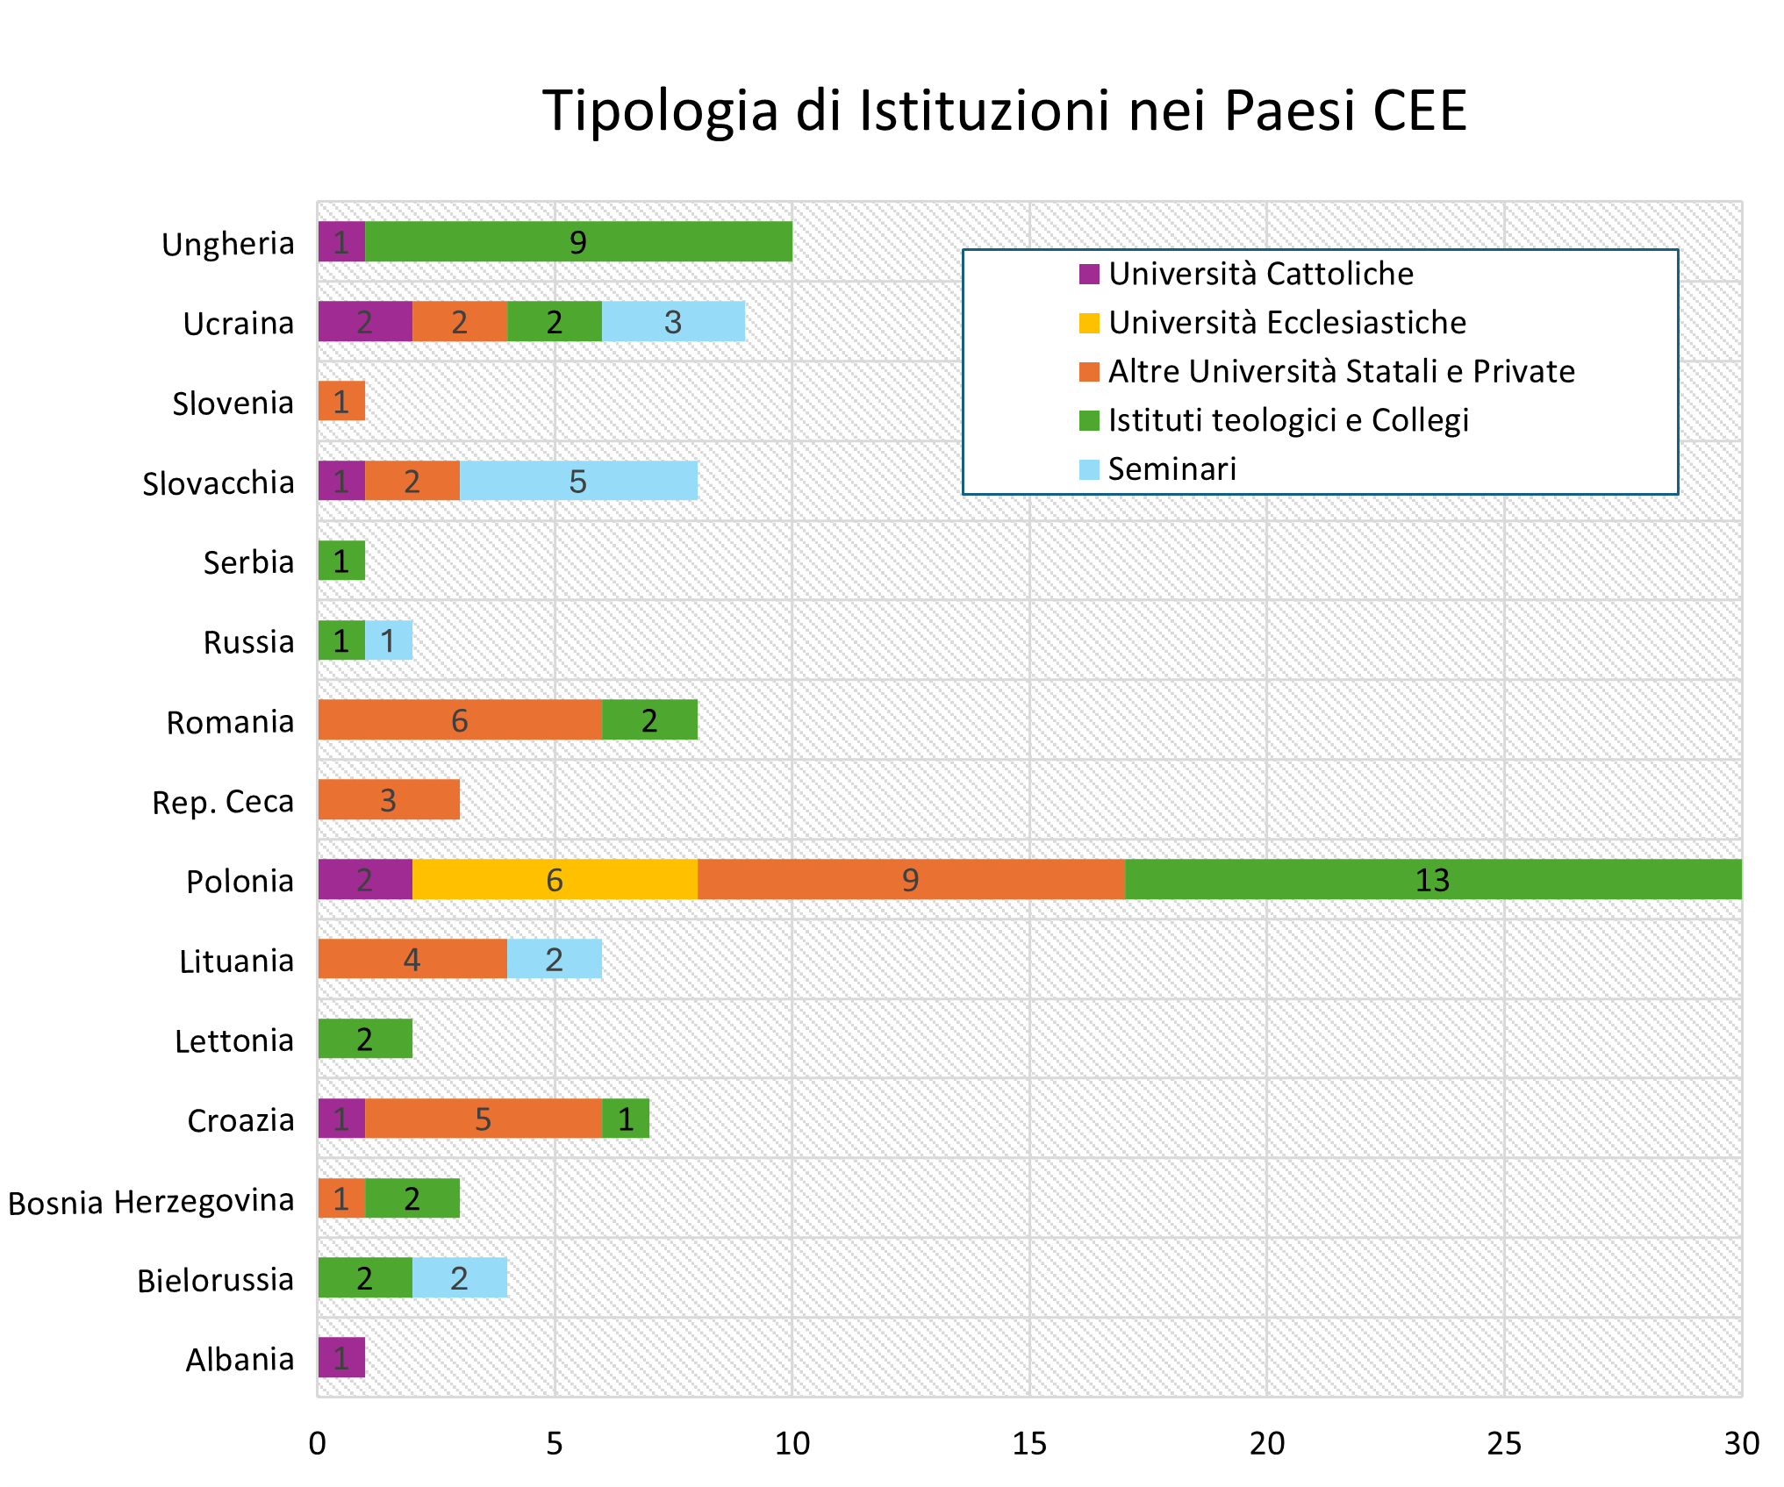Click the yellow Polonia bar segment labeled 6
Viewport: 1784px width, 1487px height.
coord(555,880)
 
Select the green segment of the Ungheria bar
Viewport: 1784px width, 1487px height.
coord(578,242)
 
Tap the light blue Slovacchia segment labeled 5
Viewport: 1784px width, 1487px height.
coord(578,481)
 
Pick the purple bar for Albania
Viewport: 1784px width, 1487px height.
coord(341,1358)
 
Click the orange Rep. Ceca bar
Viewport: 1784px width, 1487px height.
coord(389,800)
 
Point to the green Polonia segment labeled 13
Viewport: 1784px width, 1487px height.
coord(1432,880)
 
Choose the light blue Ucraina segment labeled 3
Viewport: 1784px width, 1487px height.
coord(673,322)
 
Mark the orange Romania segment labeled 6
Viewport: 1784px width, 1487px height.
coord(460,720)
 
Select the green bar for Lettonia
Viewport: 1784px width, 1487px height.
coord(365,1040)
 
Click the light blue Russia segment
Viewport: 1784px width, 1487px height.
coord(389,640)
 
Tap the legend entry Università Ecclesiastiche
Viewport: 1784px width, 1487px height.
coord(1286,323)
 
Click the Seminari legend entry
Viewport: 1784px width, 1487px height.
coord(1171,469)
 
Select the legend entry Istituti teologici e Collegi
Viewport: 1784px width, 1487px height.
coord(1287,420)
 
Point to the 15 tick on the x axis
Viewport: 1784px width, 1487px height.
coord(1029,1443)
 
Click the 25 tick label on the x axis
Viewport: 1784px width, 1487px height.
coord(1504,1443)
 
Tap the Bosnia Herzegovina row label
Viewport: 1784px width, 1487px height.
coord(151,1201)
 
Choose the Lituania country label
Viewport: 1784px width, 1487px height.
coord(236,962)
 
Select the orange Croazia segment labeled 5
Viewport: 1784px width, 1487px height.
coord(484,1119)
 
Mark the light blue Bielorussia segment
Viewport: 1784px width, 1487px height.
coord(460,1278)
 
